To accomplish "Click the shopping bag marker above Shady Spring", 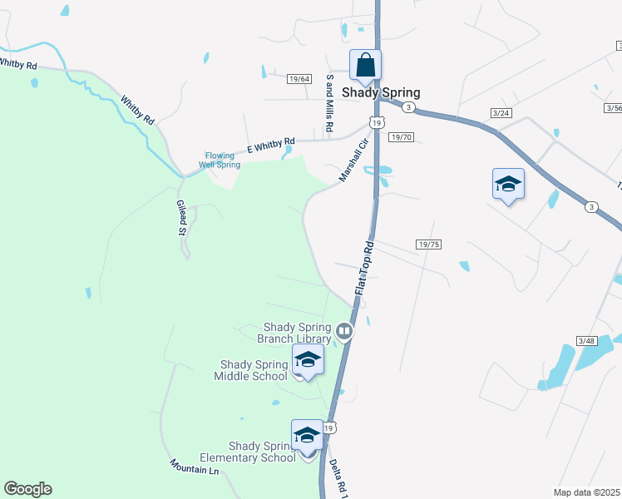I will point(365,65).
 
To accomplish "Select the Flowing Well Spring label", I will point(223,159).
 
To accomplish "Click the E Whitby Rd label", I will point(271,146).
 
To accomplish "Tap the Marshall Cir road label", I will point(353,161).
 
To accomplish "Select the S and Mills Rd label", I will point(330,103).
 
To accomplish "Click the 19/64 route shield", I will point(299,78).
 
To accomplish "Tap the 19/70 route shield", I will point(401,136).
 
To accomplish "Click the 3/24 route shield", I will point(501,112).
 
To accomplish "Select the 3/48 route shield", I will point(586,341).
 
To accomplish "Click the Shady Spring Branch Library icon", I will point(344,333).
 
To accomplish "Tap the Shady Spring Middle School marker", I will point(307,361).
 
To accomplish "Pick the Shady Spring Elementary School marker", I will point(307,435).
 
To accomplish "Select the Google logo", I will point(27,489).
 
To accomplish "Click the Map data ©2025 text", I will point(586,492).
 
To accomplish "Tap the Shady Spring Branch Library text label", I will point(298,332).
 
